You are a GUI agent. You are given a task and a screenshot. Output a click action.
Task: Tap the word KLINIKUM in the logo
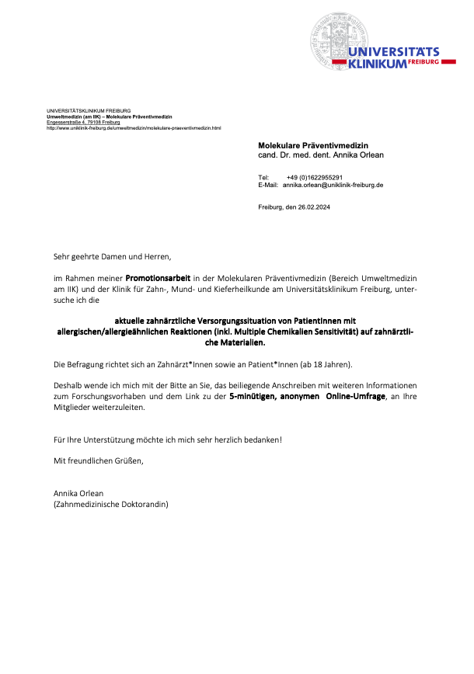[378, 64]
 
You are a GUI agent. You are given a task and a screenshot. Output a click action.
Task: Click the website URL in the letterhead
[134, 127]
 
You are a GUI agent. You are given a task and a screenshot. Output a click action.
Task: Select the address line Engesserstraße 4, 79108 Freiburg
[83, 122]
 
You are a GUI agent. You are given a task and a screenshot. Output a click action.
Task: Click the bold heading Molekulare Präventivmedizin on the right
[313, 145]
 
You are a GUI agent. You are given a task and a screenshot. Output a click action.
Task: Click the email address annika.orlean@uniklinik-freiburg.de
[333, 186]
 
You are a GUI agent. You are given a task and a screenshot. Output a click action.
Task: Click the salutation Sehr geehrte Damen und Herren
[112, 255]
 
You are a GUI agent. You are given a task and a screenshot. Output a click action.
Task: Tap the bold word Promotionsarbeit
[158, 276]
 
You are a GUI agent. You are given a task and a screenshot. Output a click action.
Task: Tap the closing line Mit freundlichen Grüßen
[98, 460]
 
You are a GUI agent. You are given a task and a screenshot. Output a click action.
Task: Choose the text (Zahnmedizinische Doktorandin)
[110, 504]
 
